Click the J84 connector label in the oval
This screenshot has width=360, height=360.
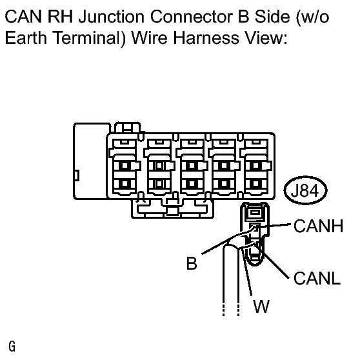(x=305, y=190)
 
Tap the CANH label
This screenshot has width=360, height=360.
(x=319, y=226)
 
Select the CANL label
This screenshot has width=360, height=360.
(x=317, y=278)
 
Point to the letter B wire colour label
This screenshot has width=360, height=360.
(x=192, y=263)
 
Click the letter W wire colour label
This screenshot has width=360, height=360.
(x=261, y=306)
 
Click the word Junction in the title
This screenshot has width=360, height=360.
(x=112, y=17)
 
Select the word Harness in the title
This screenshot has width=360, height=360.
(x=206, y=37)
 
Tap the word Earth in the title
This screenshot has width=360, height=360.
(x=26, y=37)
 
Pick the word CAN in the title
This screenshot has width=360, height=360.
(x=23, y=17)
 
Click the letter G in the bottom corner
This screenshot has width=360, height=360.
(x=12, y=346)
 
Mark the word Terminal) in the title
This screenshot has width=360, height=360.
(x=90, y=38)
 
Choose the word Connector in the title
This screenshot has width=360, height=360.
(x=191, y=17)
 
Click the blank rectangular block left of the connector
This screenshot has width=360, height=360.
(x=91, y=161)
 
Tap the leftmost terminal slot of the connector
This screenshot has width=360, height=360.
(x=125, y=167)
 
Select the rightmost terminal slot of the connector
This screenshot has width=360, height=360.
(x=255, y=167)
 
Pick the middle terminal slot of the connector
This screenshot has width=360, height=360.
(x=192, y=167)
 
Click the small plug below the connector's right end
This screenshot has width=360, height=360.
(x=255, y=234)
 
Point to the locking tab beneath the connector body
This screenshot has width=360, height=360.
(x=173, y=208)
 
